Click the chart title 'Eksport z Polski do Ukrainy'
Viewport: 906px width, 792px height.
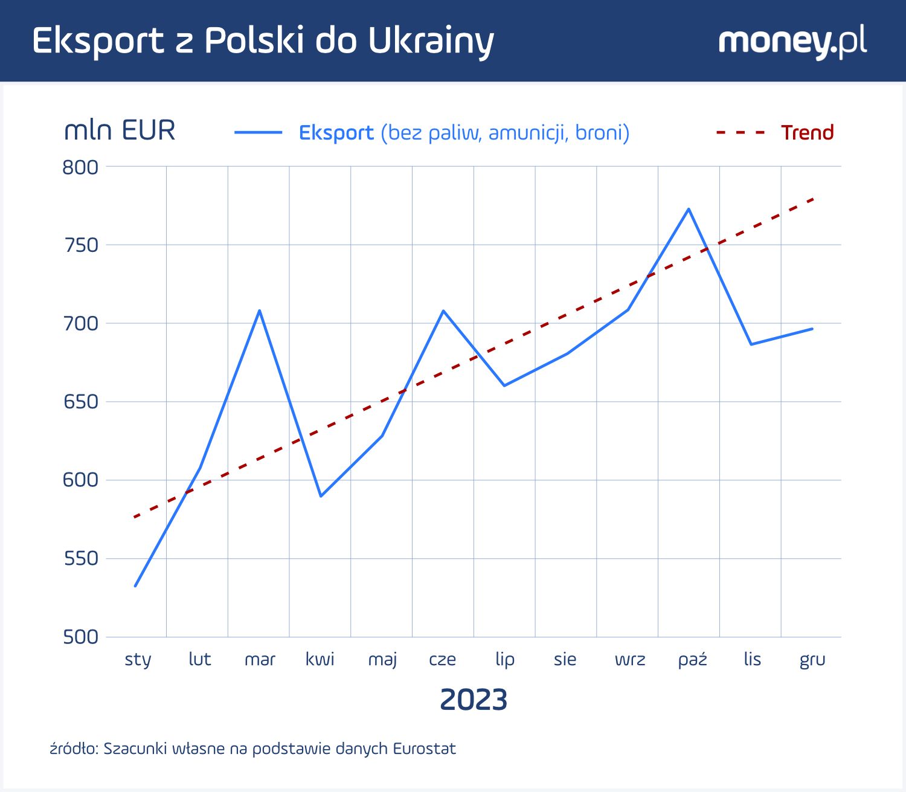[x=263, y=41]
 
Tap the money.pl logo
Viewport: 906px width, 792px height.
[x=792, y=41]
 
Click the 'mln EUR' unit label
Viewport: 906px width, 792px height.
[x=120, y=130]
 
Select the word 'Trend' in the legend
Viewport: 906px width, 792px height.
[x=807, y=132]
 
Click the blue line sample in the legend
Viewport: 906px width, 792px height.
[x=259, y=132]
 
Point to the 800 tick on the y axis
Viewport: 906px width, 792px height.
[x=80, y=167]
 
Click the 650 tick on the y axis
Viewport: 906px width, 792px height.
[x=80, y=402]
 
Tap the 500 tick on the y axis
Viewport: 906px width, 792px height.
[x=80, y=637]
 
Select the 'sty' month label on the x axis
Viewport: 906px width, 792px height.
[x=138, y=659]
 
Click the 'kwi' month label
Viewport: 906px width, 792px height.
[x=320, y=659]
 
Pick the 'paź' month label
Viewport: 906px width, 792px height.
[x=692, y=659]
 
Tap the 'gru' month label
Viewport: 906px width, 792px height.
[x=812, y=659]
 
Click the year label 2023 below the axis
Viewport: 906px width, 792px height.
[x=474, y=700]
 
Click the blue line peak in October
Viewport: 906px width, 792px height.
[x=689, y=209]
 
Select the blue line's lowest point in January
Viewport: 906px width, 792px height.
[x=135, y=585]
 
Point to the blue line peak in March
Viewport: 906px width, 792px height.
[x=259, y=311]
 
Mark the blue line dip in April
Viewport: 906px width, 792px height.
[x=321, y=496]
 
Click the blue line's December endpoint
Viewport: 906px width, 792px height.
[x=812, y=329]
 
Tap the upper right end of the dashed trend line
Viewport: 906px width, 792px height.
[x=814, y=199]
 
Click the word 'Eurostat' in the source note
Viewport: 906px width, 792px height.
[x=424, y=749]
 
